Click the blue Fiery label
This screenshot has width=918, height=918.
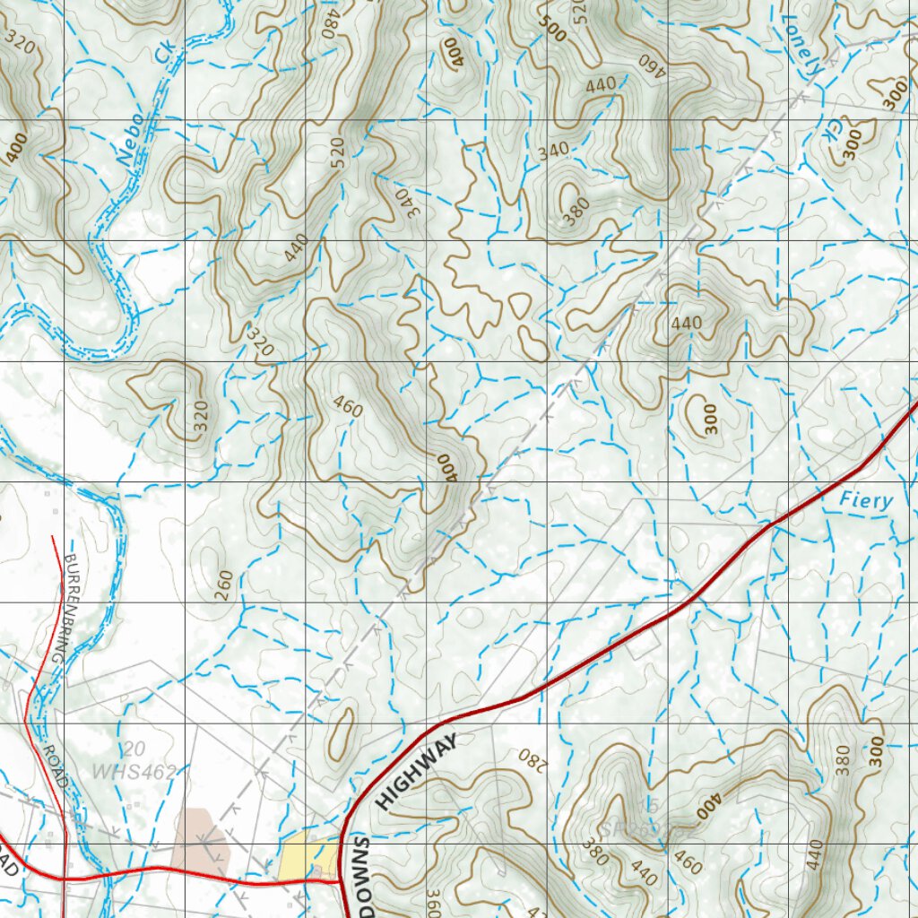[x=867, y=500]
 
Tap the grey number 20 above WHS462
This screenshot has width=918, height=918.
[x=135, y=749]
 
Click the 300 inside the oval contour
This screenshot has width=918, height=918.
[x=711, y=418]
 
